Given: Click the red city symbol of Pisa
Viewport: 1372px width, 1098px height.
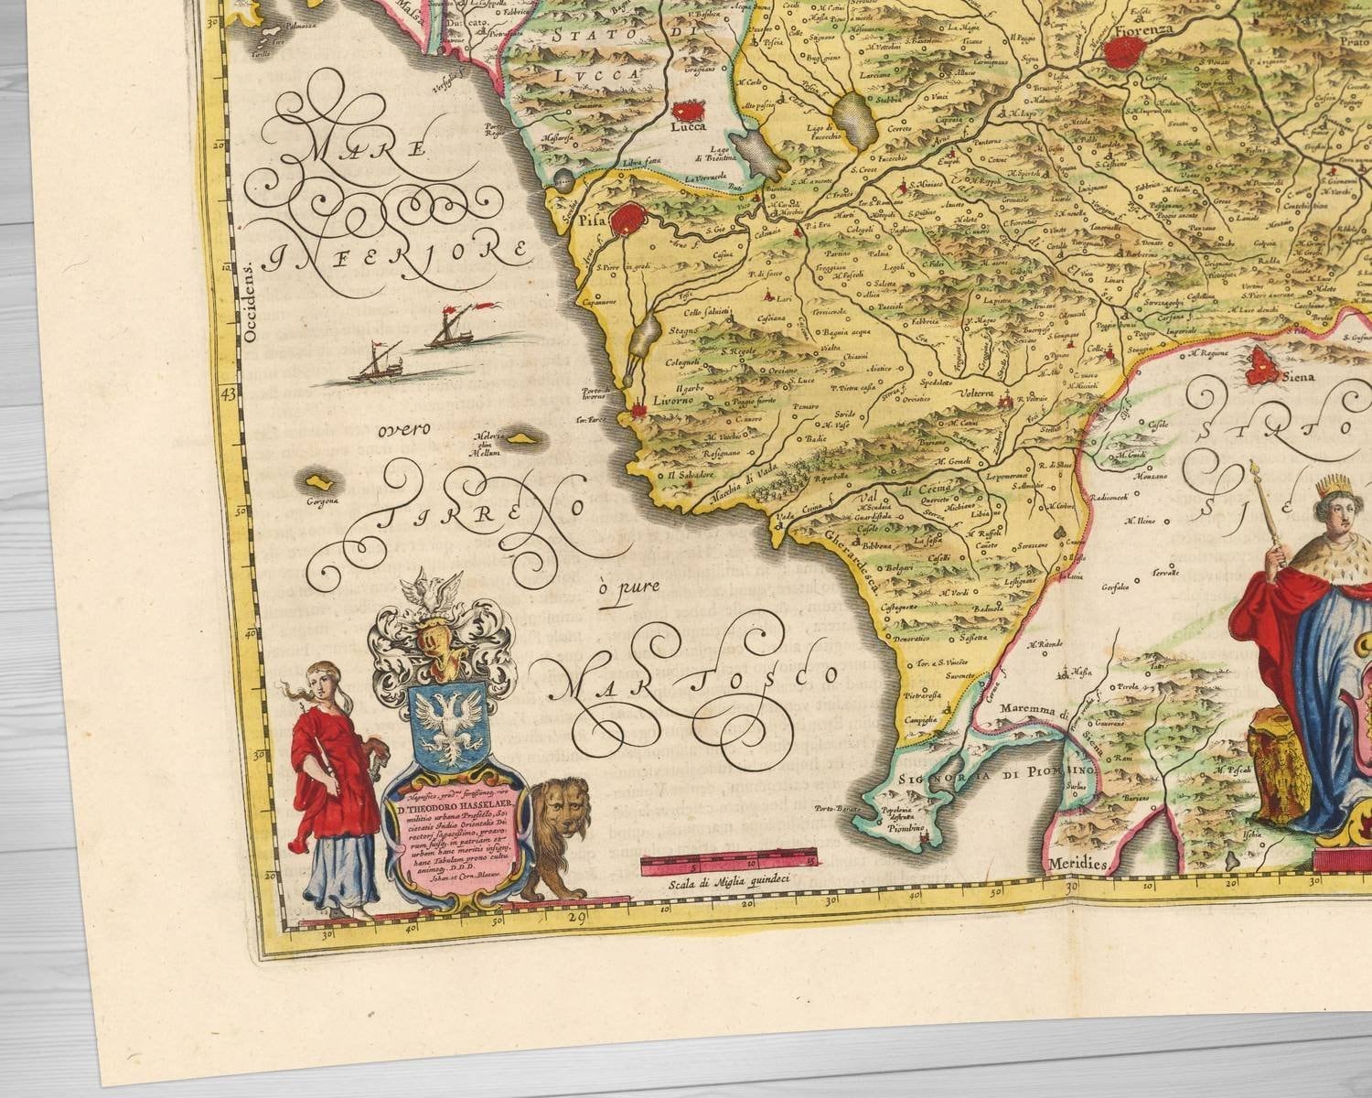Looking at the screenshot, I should click(x=630, y=221).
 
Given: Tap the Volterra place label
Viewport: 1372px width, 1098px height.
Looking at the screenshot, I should click(x=977, y=394).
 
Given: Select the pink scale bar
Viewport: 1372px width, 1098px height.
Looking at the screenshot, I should click(x=729, y=861).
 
